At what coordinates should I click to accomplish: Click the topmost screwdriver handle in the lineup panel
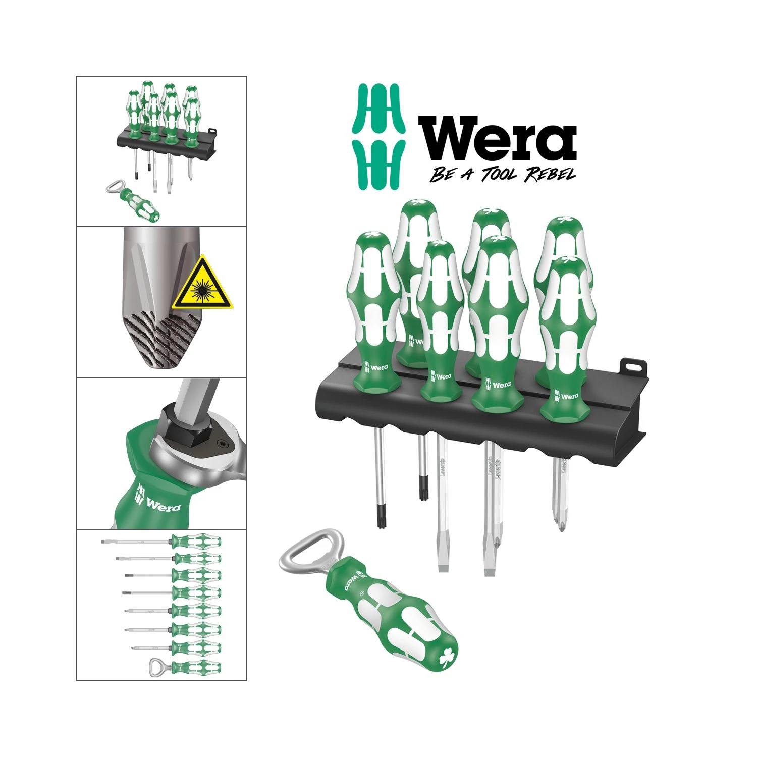click(196, 542)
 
